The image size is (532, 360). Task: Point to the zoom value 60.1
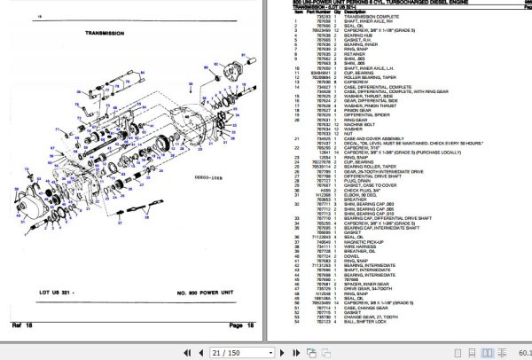click(x=520, y=353)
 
